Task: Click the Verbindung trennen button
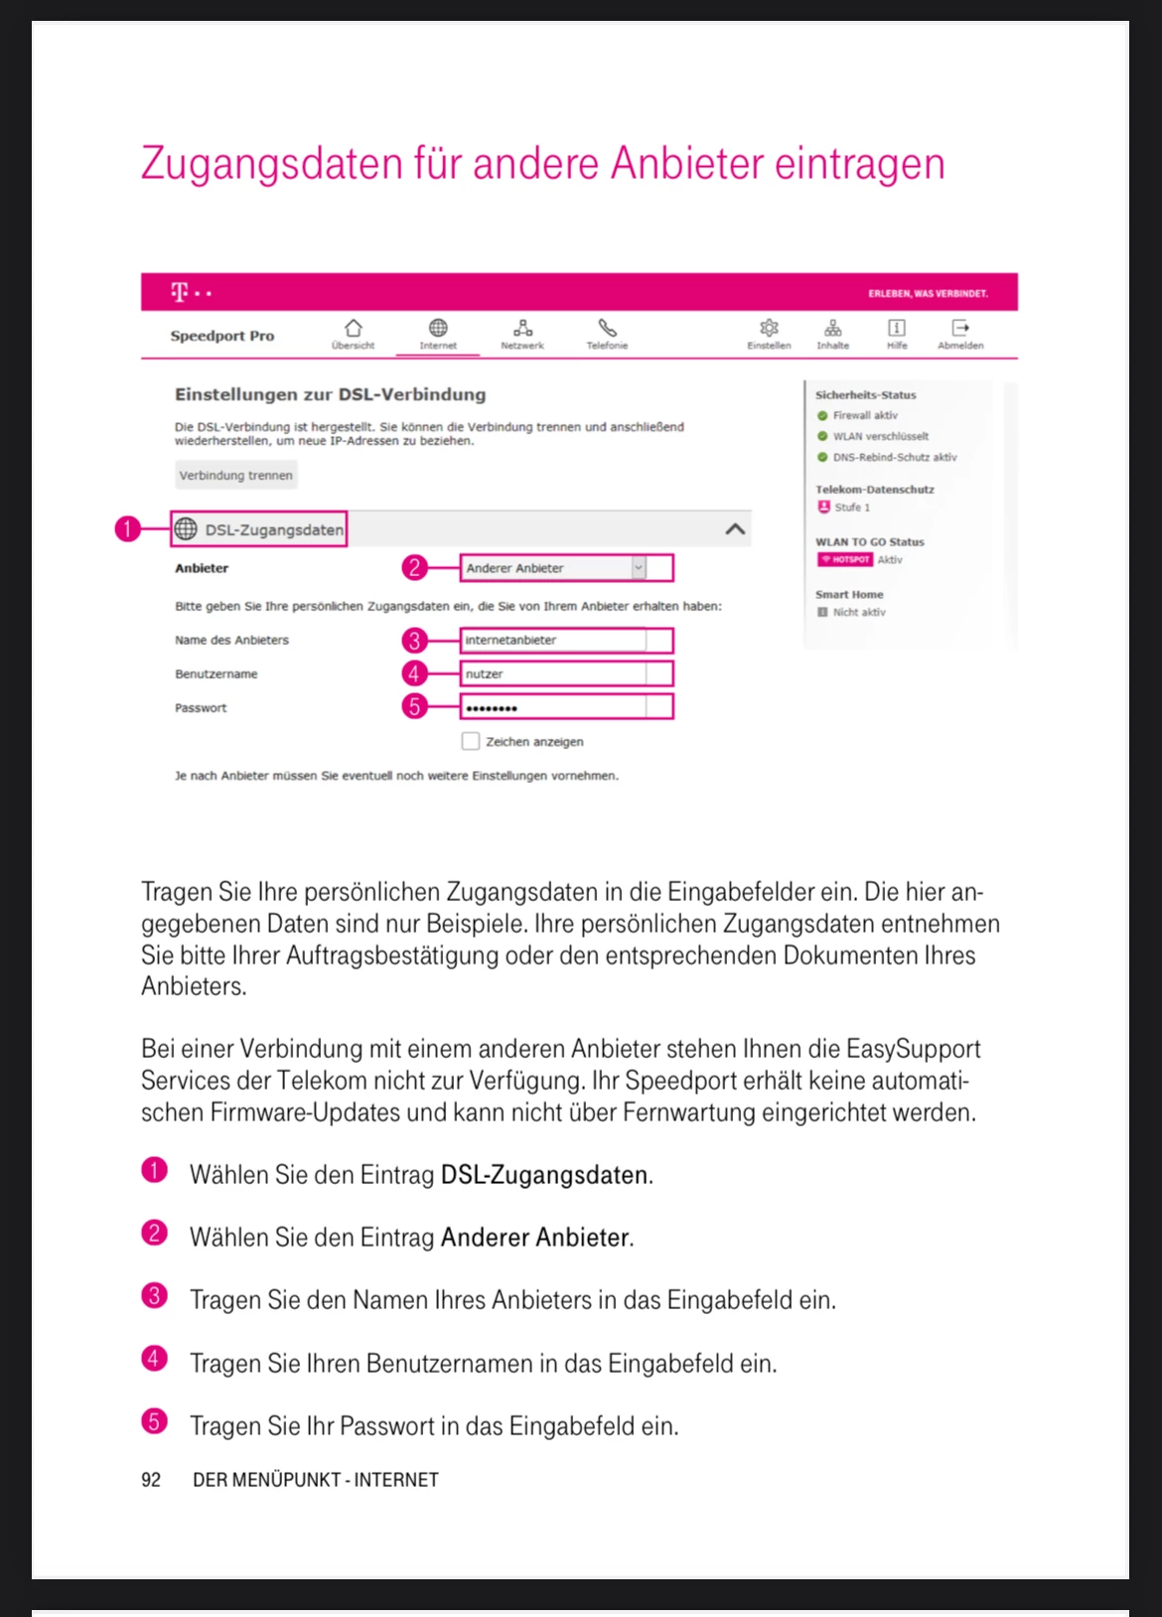235,476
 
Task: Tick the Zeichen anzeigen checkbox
471,741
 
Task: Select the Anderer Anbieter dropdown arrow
639,568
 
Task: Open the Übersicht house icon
353,329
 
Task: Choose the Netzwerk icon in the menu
522,329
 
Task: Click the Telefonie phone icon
607,329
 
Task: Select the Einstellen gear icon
769,329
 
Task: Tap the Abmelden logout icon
960,329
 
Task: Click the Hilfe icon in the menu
897,329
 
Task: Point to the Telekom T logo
180,292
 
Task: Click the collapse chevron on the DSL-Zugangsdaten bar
735,529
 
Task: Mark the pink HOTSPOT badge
844,560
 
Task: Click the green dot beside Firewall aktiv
822,416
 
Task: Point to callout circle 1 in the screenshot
127,529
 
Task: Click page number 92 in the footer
151,1480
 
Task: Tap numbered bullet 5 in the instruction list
154,1421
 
